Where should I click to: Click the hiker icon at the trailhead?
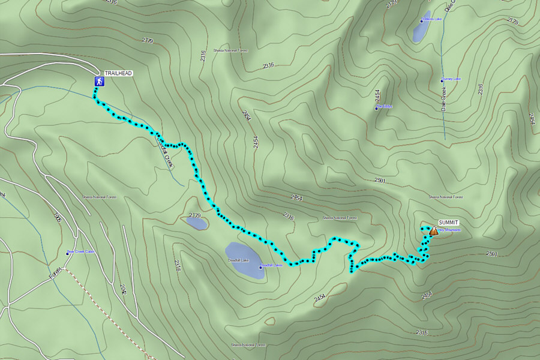click(x=98, y=81)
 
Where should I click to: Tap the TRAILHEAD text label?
click(x=118, y=73)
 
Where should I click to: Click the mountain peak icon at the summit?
click(x=433, y=230)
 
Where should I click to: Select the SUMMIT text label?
click(x=449, y=222)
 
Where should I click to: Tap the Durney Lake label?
click(x=451, y=79)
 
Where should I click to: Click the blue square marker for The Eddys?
click(x=376, y=107)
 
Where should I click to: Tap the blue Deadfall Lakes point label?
click(x=271, y=265)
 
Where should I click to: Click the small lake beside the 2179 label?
click(x=197, y=224)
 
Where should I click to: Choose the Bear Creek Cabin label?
click(x=81, y=251)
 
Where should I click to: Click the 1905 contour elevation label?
click(x=58, y=217)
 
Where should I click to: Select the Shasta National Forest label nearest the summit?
click(x=446, y=197)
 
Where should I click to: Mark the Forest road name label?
click(x=55, y=275)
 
